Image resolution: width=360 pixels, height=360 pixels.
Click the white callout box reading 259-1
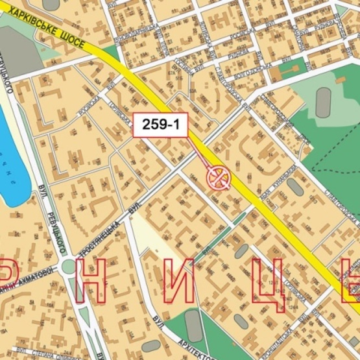point(160,125)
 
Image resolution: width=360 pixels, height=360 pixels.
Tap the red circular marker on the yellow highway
point(219,176)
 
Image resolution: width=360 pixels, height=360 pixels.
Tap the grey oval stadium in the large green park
point(323,102)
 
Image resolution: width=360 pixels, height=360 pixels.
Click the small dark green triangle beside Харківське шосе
point(111,53)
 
